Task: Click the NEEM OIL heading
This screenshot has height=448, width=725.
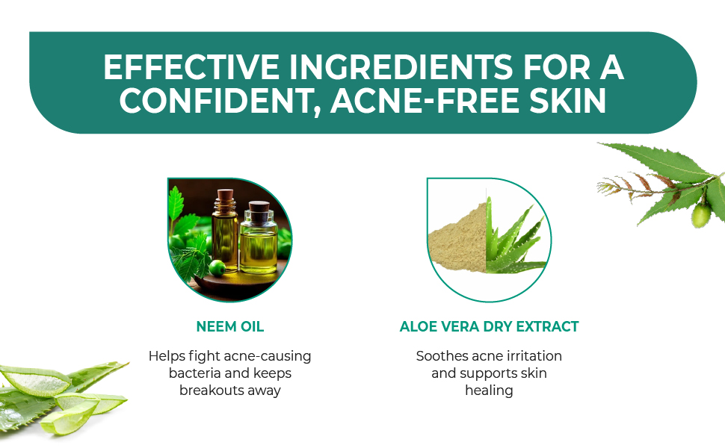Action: point(229,326)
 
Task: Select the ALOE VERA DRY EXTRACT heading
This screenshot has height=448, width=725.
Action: point(489,326)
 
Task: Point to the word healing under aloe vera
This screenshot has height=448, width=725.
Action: point(489,390)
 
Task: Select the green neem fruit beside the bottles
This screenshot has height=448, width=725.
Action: point(216,267)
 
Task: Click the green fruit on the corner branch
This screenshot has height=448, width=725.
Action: point(700,217)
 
